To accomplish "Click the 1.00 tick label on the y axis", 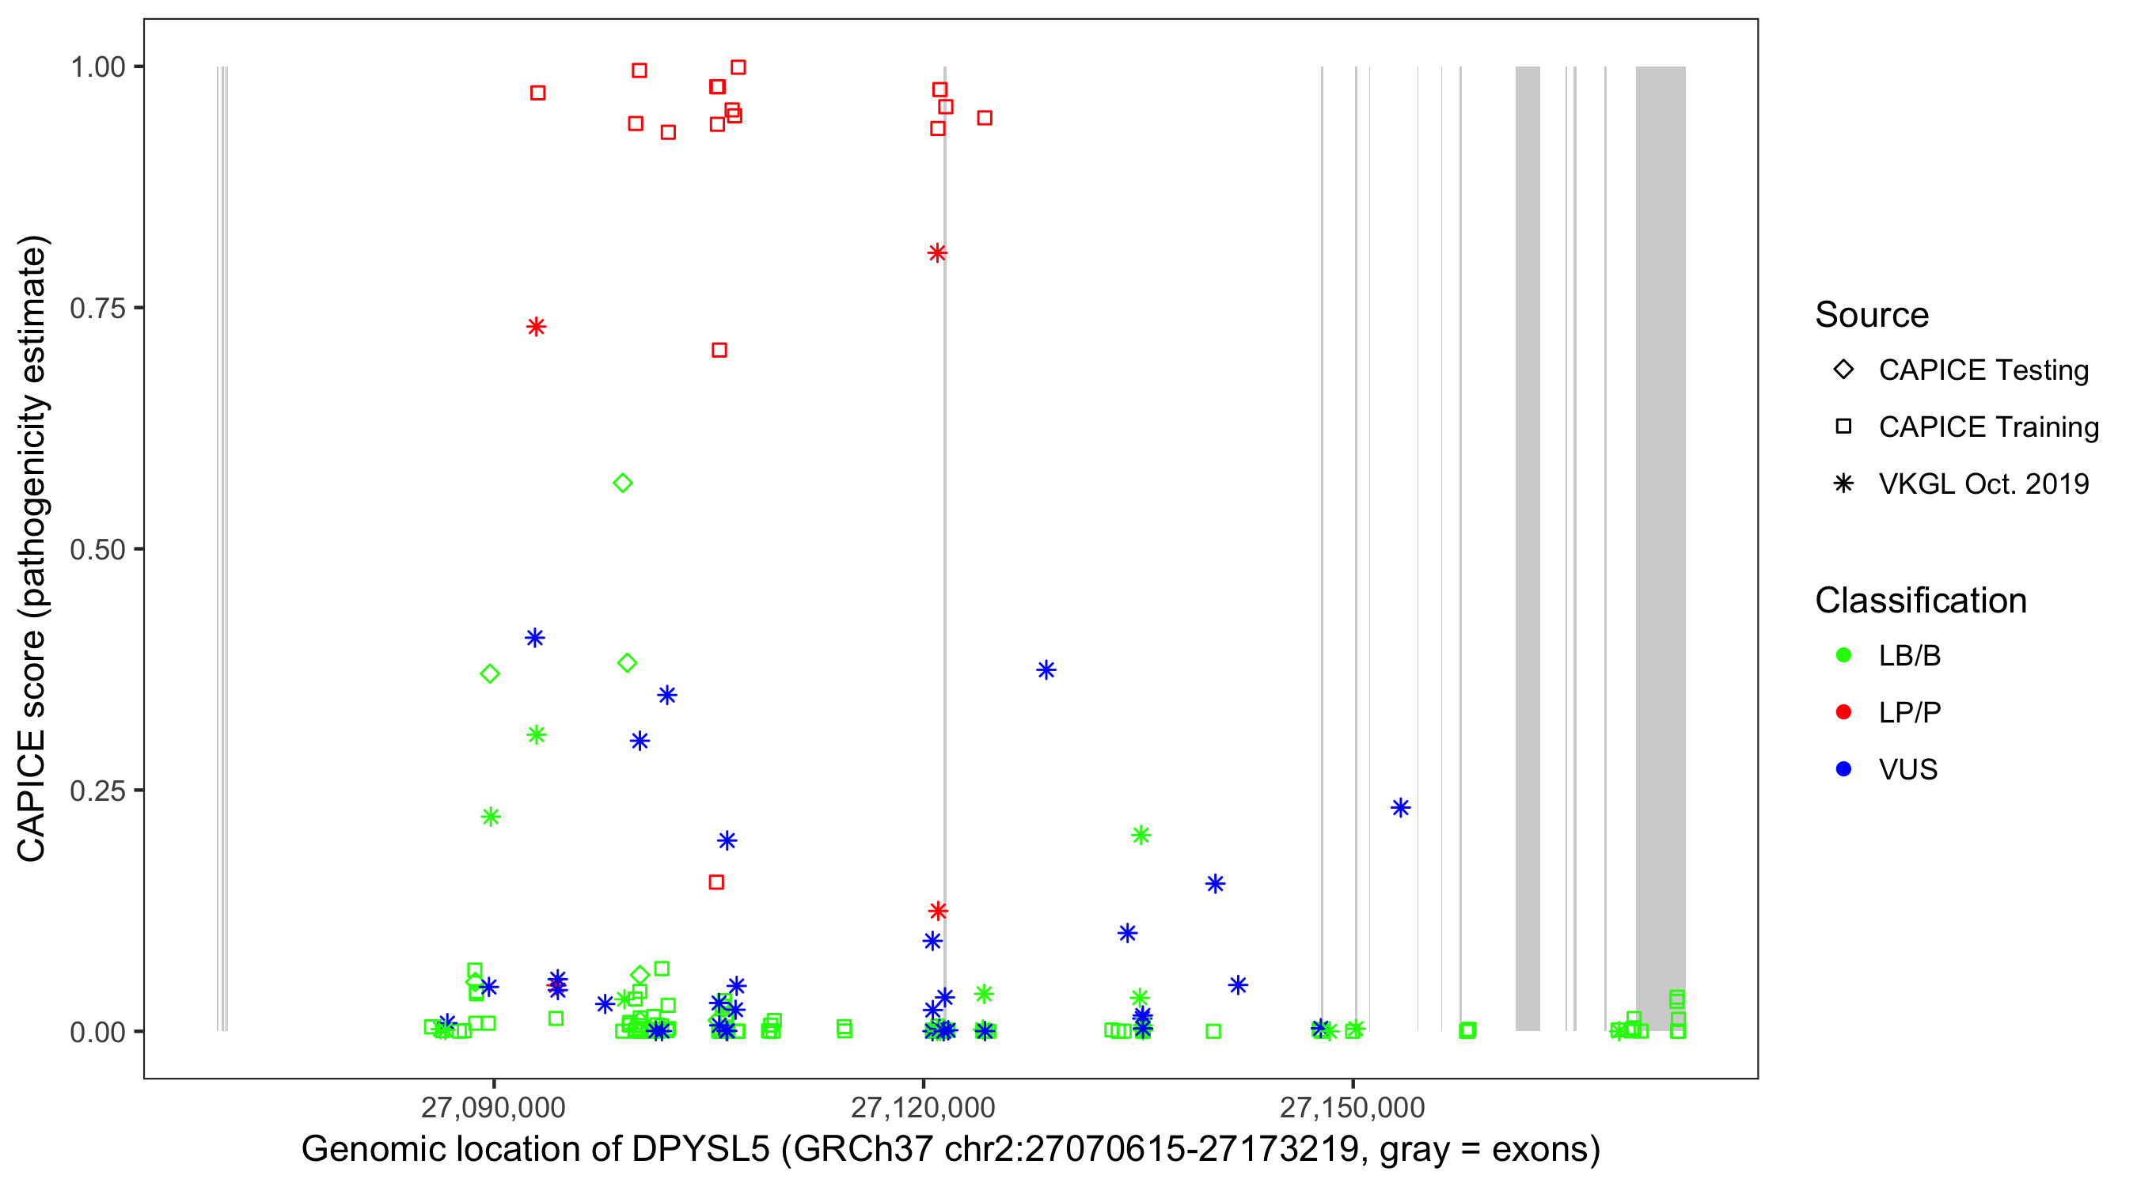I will [x=97, y=67].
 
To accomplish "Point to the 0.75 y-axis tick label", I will [x=97, y=309].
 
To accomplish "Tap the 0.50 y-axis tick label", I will [x=97, y=549].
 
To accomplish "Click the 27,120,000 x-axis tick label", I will [x=923, y=1107].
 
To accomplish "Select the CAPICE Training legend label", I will [x=1987, y=427].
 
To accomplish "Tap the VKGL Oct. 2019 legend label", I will [x=1983, y=484].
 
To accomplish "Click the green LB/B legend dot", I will [x=1843, y=656].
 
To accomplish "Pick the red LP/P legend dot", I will [x=1843, y=712].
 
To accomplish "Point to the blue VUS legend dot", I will [x=1843, y=770].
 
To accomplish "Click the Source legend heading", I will [x=1872, y=315].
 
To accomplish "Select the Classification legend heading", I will [x=1920, y=601].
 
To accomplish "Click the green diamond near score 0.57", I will [x=623, y=484].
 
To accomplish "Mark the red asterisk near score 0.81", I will [x=937, y=253].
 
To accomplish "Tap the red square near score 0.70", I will [x=719, y=351].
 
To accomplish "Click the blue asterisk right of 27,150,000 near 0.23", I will [x=1400, y=808].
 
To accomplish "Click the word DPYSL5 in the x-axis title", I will [x=701, y=1150].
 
